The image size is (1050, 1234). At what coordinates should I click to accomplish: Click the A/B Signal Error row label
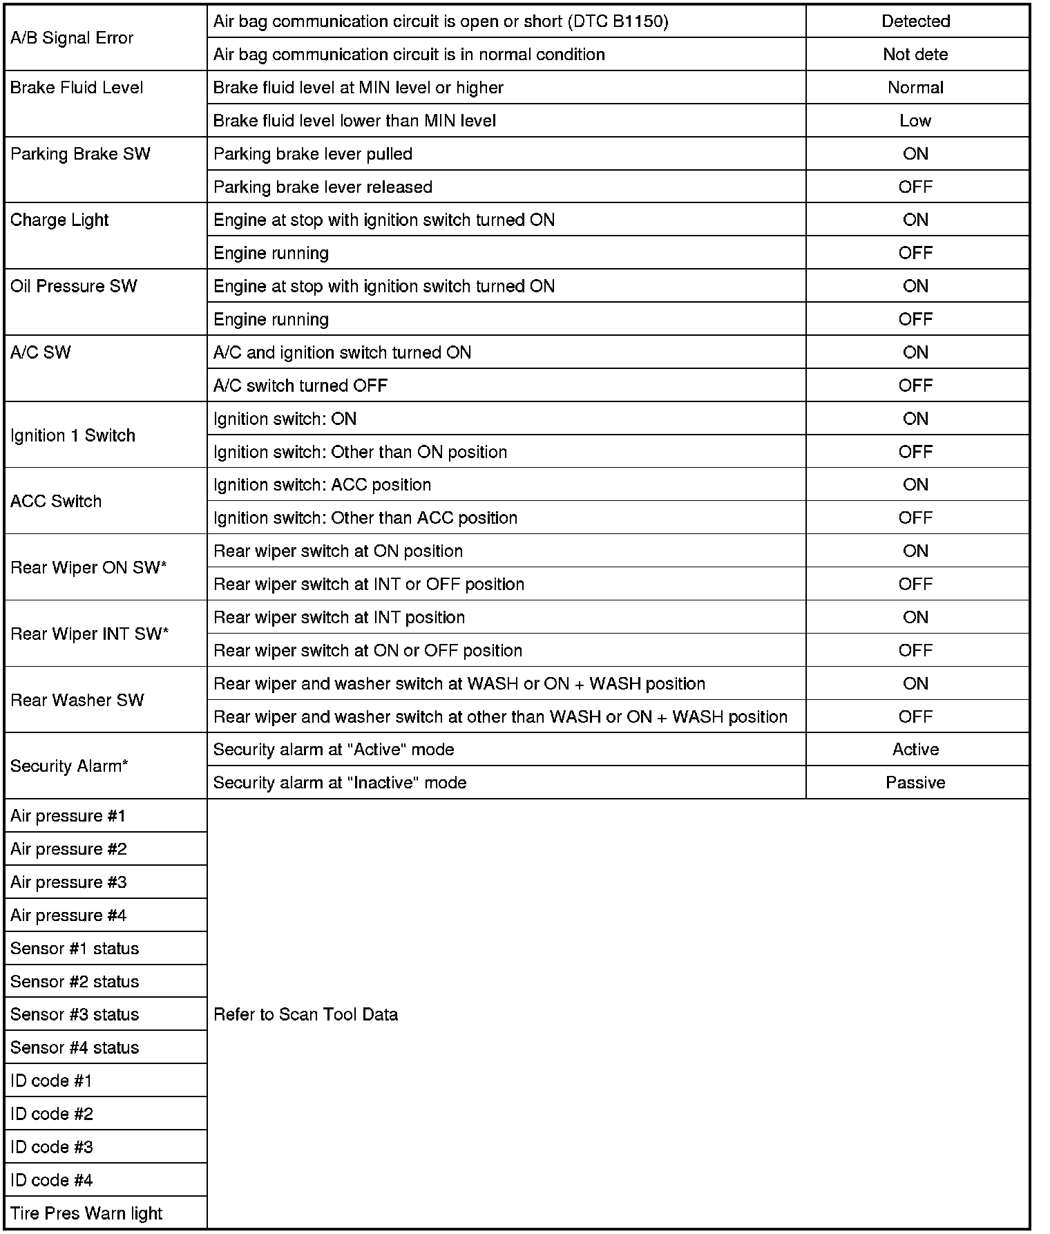point(72,38)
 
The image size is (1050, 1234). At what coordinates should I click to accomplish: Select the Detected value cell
point(915,21)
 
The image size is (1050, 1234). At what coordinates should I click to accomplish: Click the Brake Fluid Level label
point(77,88)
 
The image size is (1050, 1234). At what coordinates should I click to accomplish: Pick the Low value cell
point(915,121)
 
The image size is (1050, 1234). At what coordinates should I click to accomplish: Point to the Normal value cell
point(915,88)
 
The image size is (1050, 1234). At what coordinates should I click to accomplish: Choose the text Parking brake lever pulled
point(312,154)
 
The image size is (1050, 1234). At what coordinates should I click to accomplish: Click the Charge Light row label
point(59,220)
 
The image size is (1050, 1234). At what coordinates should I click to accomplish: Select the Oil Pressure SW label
point(73,287)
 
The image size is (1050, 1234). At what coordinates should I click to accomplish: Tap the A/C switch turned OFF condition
point(300,386)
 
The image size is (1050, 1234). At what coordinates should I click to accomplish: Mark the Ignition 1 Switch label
point(73,435)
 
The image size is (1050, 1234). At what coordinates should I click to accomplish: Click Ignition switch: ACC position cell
point(322,485)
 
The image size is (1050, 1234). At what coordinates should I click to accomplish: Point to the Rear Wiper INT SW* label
point(89,634)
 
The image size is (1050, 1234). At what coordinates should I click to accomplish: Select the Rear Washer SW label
point(77,701)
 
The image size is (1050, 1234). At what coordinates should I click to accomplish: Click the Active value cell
point(915,750)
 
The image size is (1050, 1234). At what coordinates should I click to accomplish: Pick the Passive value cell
point(915,783)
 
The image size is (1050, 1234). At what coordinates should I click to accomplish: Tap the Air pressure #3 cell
point(68,882)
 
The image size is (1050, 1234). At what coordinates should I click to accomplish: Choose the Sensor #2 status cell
point(75,982)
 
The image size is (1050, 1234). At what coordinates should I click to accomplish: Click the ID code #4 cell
point(52,1180)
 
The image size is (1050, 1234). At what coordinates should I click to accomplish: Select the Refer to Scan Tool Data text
point(305,1014)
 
